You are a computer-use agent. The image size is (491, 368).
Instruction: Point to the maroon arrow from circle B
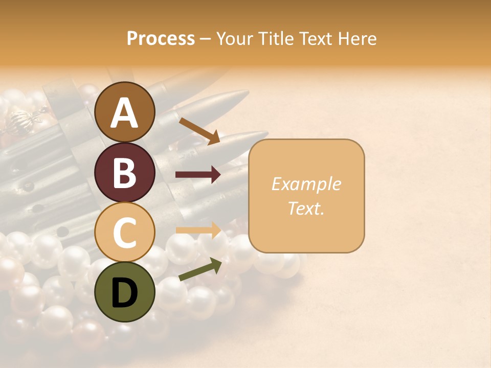198,175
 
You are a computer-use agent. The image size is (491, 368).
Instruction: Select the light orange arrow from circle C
198,231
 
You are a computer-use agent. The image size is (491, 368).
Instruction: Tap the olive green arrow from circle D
200,269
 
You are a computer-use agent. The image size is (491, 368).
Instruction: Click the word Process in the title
161,39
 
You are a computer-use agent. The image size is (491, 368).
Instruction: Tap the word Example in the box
306,184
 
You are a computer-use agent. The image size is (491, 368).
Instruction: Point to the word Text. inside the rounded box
306,208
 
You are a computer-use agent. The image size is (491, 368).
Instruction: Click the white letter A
124,113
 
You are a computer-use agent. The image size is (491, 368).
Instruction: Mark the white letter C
124,233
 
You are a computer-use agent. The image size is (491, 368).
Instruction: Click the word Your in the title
234,39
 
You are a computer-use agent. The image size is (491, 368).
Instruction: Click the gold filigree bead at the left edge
24,121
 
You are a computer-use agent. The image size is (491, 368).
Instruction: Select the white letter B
124,173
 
